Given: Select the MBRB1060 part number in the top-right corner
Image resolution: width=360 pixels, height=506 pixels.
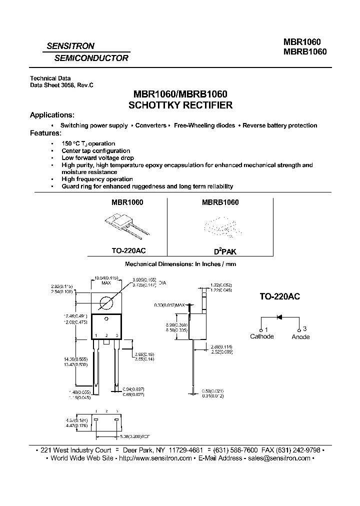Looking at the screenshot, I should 305,51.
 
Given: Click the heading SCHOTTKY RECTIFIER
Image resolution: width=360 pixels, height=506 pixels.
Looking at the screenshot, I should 180,105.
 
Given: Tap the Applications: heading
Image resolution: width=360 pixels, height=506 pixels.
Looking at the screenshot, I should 52,115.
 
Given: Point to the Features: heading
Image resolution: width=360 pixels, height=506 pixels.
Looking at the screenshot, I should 46,133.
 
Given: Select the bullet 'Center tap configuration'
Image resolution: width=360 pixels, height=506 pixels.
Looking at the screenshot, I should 95,150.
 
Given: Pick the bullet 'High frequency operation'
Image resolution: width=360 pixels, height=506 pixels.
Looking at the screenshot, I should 97,179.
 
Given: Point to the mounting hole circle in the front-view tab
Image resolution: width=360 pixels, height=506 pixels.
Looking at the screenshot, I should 106,303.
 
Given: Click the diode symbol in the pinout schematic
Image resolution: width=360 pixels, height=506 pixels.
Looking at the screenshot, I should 280,317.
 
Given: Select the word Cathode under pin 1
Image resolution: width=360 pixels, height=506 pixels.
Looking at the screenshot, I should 262,336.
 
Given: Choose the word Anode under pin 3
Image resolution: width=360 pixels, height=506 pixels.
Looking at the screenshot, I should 300,337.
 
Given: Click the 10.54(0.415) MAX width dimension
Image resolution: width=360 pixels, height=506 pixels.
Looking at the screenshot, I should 106,279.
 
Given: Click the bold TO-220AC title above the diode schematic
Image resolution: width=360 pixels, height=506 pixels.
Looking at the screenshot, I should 279,296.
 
